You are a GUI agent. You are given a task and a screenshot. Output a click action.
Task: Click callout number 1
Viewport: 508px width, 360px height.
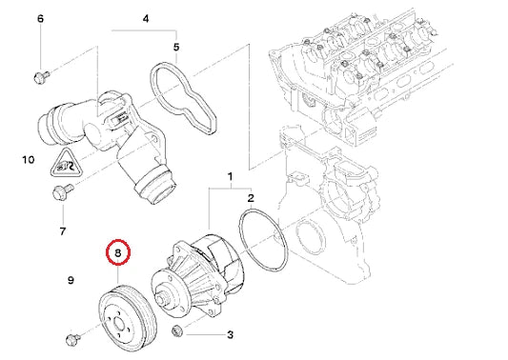click(229, 177)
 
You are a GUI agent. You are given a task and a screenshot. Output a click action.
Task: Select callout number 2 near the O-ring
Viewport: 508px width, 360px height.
click(250, 197)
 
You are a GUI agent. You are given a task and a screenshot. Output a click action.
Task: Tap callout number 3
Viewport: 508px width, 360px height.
click(230, 335)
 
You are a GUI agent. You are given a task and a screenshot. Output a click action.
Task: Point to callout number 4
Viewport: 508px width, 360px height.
click(145, 18)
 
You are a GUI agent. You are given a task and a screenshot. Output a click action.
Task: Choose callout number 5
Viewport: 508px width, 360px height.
click(176, 46)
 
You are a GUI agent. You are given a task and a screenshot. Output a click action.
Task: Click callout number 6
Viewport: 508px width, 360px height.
click(39, 19)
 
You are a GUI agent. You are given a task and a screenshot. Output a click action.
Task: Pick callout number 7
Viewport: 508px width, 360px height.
click(62, 230)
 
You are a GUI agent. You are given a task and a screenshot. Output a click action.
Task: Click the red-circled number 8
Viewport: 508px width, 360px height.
click(117, 253)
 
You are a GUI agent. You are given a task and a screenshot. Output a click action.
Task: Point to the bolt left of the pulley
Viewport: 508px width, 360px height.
click(74, 338)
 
